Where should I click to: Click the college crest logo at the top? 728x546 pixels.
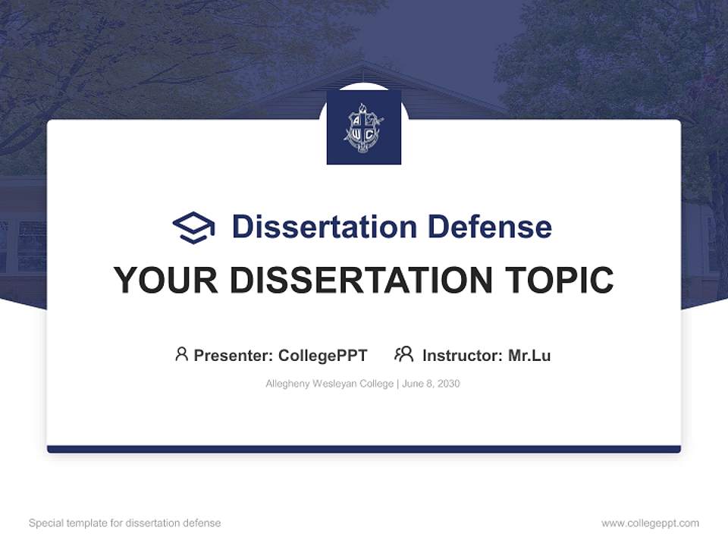[x=364, y=127]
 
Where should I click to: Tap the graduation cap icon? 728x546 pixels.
[x=193, y=227]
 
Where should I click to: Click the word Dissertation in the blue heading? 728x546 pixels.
[x=324, y=227]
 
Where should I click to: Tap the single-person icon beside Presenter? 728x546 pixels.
[x=181, y=354]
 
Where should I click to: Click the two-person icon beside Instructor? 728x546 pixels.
[x=403, y=354]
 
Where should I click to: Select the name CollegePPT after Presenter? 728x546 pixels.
[x=322, y=356]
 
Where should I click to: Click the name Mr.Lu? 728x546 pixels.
[x=529, y=356]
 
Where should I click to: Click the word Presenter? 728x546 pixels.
[x=234, y=356]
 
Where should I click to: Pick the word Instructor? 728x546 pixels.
[x=463, y=356]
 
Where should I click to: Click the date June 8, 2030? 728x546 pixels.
[x=431, y=384]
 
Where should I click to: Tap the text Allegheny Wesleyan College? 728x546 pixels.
[x=328, y=384]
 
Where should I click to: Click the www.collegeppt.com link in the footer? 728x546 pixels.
[x=650, y=523]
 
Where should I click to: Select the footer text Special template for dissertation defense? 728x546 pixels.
[x=125, y=523]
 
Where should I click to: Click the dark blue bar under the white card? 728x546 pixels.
[x=364, y=449]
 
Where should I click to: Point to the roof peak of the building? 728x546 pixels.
[x=364, y=64]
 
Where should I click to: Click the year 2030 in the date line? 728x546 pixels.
[x=447, y=384]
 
